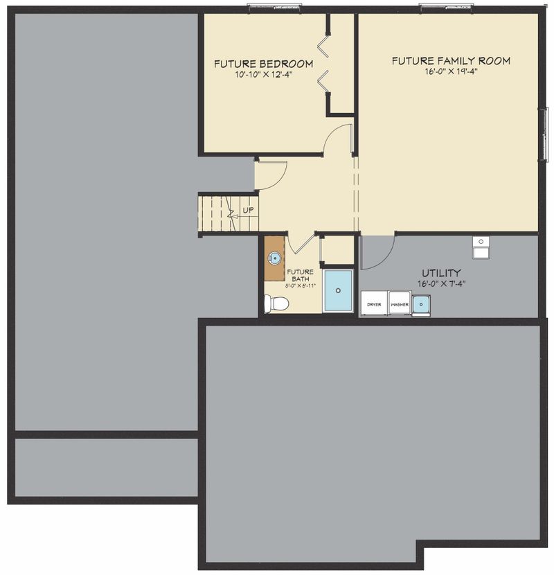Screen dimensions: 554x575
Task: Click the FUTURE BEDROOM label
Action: pos(264,64)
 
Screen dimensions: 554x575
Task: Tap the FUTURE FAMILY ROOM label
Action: pos(451,61)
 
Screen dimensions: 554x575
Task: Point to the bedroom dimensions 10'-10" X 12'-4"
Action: pos(264,75)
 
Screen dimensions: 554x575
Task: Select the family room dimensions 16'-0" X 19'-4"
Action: pos(451,71)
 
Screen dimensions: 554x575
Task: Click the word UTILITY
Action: pos(441,273)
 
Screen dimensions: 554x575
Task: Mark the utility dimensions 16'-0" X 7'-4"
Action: pos(441,283)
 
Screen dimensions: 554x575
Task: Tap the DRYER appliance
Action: pos(374,303)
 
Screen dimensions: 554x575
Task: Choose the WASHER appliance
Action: pos(400,303)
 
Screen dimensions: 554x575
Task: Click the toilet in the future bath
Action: pos(276,303)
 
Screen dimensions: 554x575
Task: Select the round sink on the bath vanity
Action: pos(275,258)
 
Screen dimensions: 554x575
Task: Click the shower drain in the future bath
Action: pos(338,290)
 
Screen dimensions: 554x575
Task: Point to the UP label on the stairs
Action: pos(248,211)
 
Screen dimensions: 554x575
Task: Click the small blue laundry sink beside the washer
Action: pos(421,305)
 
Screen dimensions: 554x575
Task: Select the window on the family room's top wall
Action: pos(446,6)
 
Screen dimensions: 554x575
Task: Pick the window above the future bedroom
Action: pos(274,6)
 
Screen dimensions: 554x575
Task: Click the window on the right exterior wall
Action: pos(546,134)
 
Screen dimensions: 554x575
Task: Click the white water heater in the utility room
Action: pos(481,248)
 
